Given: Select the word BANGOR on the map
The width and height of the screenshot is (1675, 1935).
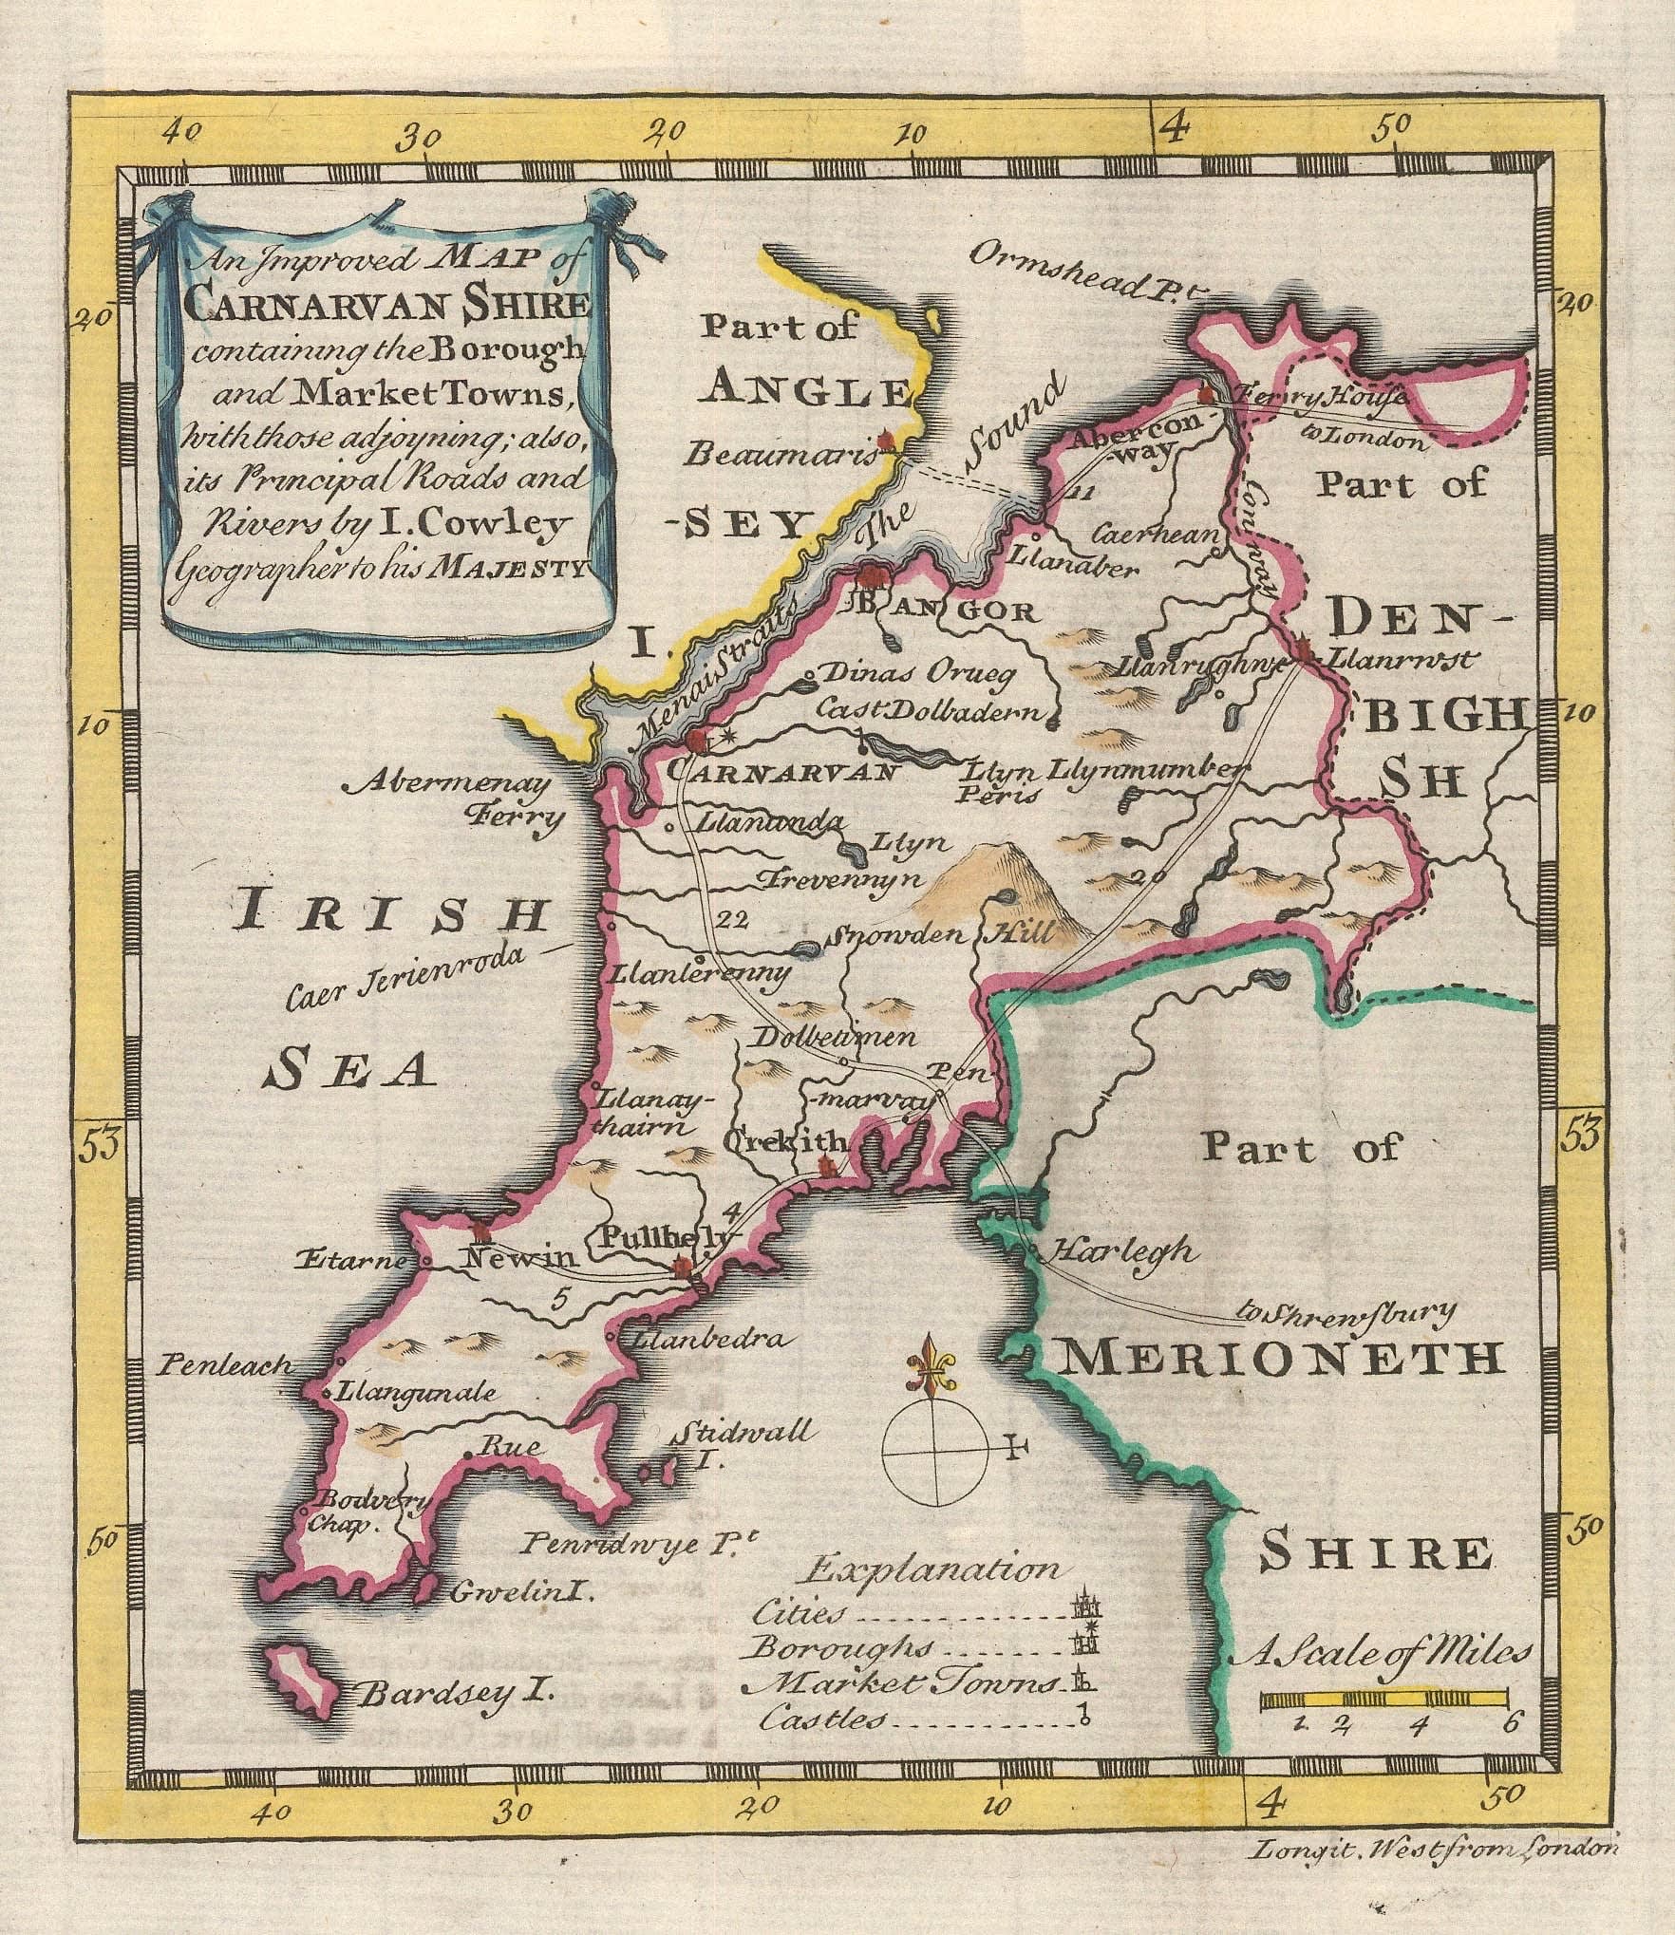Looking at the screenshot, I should [940, 611].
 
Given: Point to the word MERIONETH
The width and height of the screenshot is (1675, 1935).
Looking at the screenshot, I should [1281, 1360].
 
